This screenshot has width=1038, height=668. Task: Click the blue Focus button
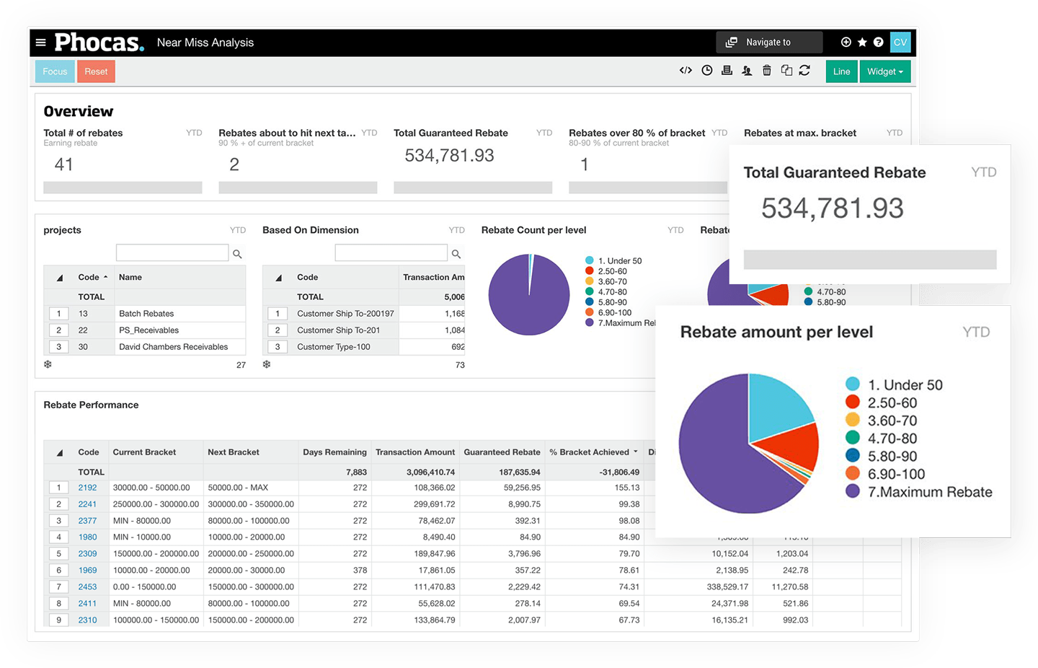click(x=54, y=71)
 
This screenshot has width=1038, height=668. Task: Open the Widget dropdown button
click(x=884, y=71)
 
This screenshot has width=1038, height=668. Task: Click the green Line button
click(x=841, y=71)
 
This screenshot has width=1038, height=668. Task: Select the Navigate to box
click(x=769, y=43)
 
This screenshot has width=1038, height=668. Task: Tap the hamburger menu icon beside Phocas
click(x=40, y=43)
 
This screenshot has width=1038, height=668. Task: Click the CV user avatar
click(x=900, y=43)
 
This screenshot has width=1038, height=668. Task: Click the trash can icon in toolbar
click(x=766, y=71)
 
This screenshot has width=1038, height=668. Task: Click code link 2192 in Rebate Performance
click(x=87, y=488)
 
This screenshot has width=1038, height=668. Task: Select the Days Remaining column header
click(x=334, y=452)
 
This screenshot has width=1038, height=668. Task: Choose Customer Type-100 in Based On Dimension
click(x=333, y=347)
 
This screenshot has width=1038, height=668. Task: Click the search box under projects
click(x=172, y=253)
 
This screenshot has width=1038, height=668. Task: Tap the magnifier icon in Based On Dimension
click(x=456, y=254)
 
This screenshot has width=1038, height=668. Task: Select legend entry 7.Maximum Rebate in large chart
click(x=929, y=492)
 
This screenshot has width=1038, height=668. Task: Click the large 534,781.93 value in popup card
click(x=832, y=208)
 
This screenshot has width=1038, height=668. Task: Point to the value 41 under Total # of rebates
click(x=63, y=164)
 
